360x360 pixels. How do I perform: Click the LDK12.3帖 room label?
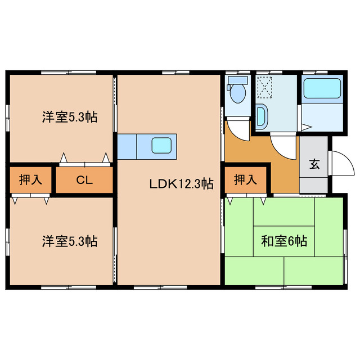pyautogui.click(x=181, y=183)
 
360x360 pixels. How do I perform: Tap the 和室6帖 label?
pyautogui.click(x=283, y=242)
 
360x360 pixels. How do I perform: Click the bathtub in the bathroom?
pyautogui.click(x=322, y=89)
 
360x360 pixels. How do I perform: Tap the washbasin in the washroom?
pyautogui.click(x=262, y=116)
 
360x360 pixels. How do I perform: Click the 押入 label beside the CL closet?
pyautogui.click(x=30, y=181)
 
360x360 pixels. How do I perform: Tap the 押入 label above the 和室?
pyautogui.click(x=245, y=181)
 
